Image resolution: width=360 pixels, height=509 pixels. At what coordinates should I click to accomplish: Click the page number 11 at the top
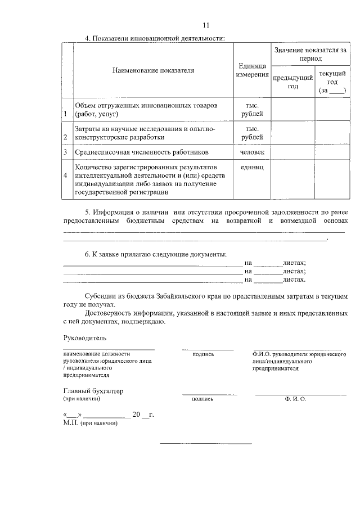[206, 25]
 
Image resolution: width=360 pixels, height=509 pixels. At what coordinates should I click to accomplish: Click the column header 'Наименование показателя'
[153, 71]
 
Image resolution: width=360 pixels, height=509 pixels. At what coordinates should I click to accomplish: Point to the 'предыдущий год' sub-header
[292, 82]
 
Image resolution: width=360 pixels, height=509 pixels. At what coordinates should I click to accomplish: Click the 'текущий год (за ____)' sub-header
[332, 82]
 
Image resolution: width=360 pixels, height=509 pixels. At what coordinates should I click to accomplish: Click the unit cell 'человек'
[252, 152]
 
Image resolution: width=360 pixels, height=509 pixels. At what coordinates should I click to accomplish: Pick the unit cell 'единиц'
[252, 168]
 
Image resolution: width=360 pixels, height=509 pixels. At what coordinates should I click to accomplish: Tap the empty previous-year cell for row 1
[292, 110]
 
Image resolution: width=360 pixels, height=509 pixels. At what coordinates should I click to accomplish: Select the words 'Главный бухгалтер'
[93, 390]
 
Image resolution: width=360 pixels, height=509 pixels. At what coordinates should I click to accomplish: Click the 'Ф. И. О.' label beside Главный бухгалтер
[295, 399]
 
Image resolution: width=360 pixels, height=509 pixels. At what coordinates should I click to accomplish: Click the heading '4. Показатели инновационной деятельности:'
[155, 38]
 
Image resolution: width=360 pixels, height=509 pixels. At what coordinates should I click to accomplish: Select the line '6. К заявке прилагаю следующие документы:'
[156, 254]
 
